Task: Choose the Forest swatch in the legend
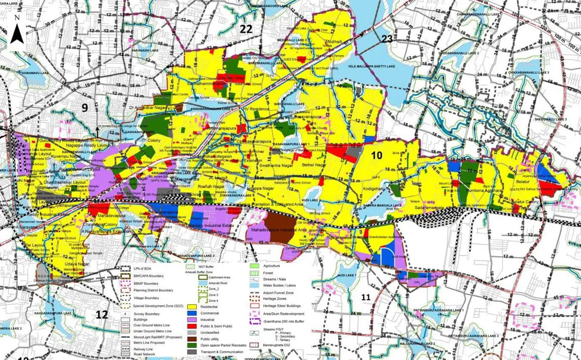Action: coord(255,273)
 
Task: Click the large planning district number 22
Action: coord(246,29)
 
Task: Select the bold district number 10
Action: coord(377,155)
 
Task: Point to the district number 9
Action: coord(85,108)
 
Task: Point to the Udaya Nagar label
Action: coord(63,264)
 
